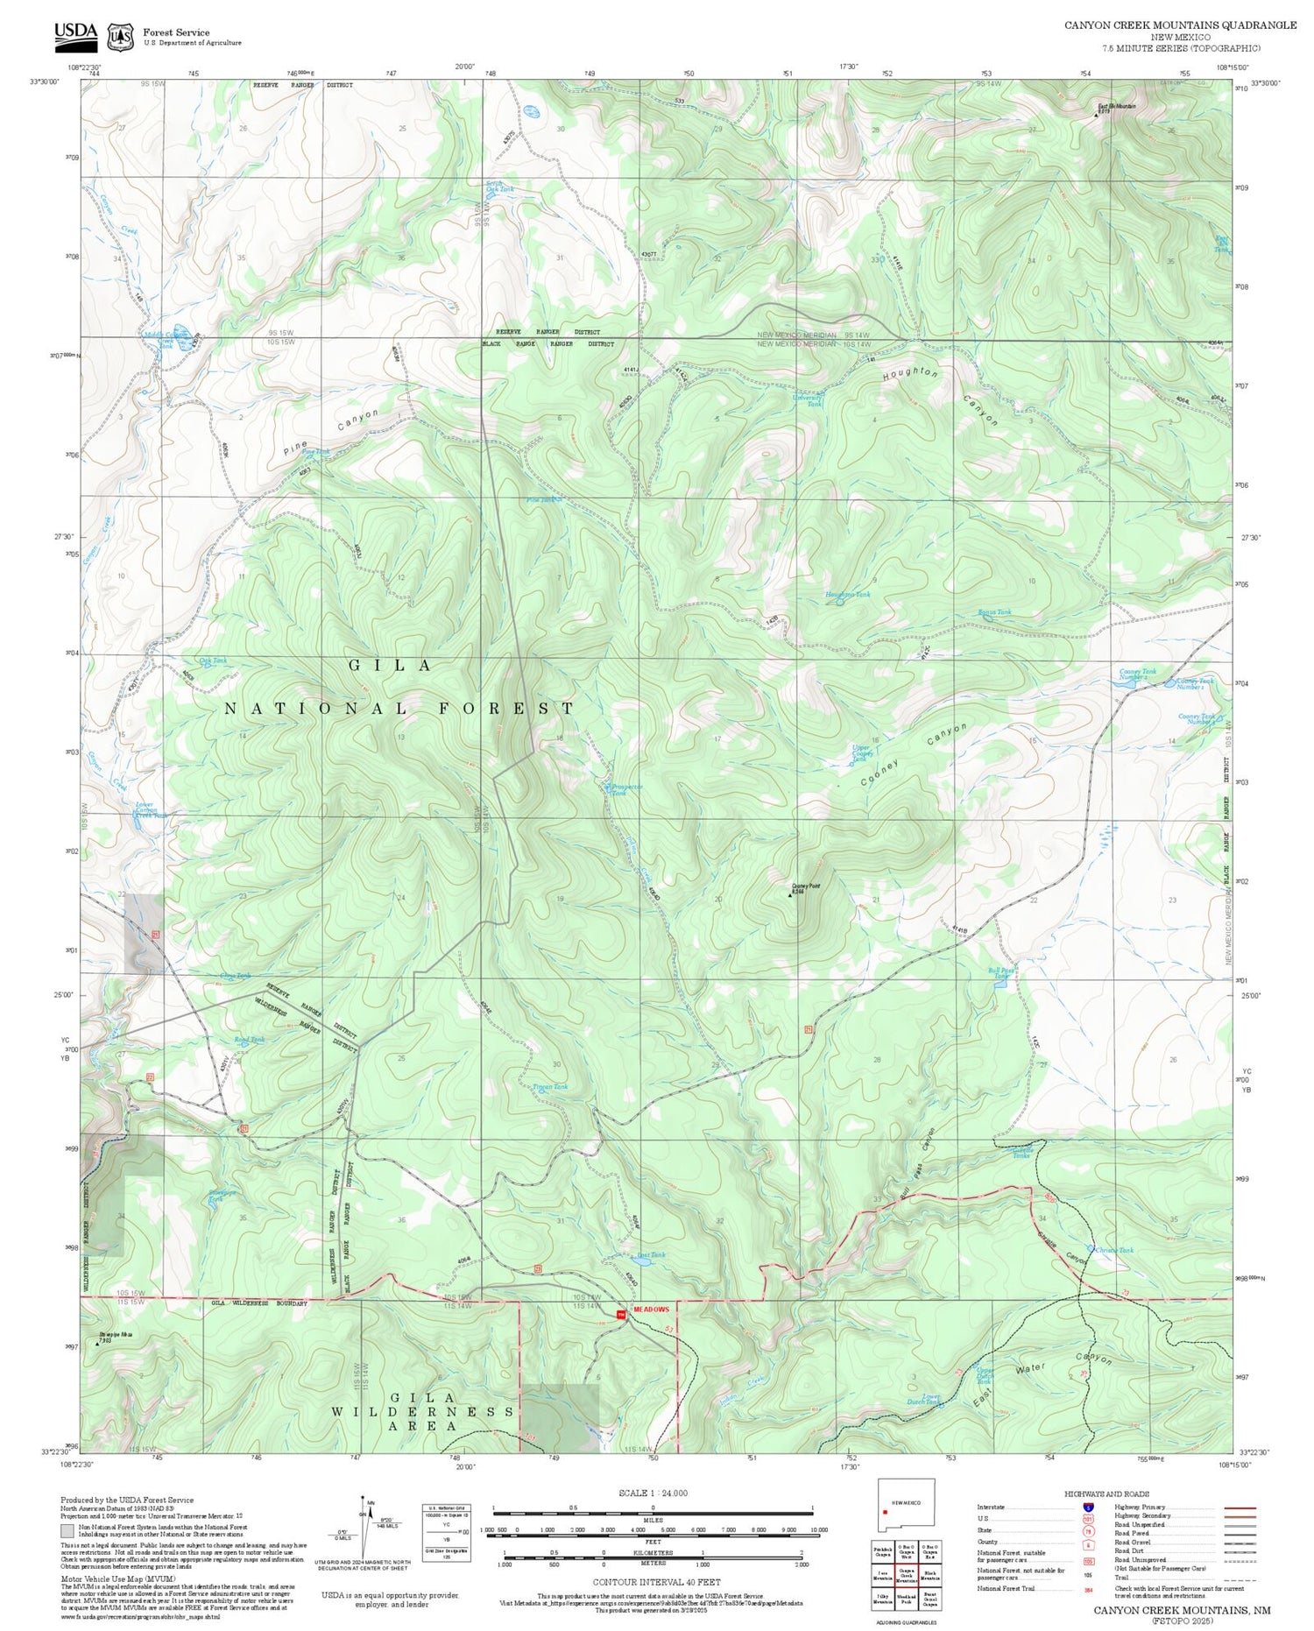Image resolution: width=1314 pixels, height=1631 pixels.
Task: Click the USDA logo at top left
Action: pyautogui.click(x=75, y=33)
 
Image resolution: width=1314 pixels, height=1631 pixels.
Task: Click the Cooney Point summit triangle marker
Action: pyautogui.click(x=791, y=895)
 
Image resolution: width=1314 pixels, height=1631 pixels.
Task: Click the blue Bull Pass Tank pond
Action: pyautogui.click(x=1000, y=984)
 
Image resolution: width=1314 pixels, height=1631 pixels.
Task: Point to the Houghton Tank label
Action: pyautogui.click(x=847, y=595)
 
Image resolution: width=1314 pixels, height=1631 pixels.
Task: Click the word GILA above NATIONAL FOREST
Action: pyautogui.click(x=391, y=666)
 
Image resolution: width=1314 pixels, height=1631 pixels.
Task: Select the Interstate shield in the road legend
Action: pyautogui.click(x=1087, y=1507)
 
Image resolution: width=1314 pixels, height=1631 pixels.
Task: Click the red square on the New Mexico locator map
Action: pyautogui.click(x=886, y=1511)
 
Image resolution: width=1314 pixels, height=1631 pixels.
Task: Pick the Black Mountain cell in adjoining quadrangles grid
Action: pyautogui.click(x=929, y=1550)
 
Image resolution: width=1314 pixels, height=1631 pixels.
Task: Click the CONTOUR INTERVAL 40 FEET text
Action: pyautogui.click(x=656, y=1582)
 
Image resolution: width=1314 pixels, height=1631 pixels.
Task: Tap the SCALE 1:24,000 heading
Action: pyautogui.click(x=653, y=1493)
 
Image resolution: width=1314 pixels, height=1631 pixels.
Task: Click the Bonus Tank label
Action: pyautogui.click(x=993, y=612)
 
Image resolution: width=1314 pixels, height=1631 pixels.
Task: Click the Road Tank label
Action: pyautogui.click(x=249, y=1040)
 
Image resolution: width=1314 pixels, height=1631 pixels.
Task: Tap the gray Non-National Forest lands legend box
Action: pyautogui.click(x=67, y=1530)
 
